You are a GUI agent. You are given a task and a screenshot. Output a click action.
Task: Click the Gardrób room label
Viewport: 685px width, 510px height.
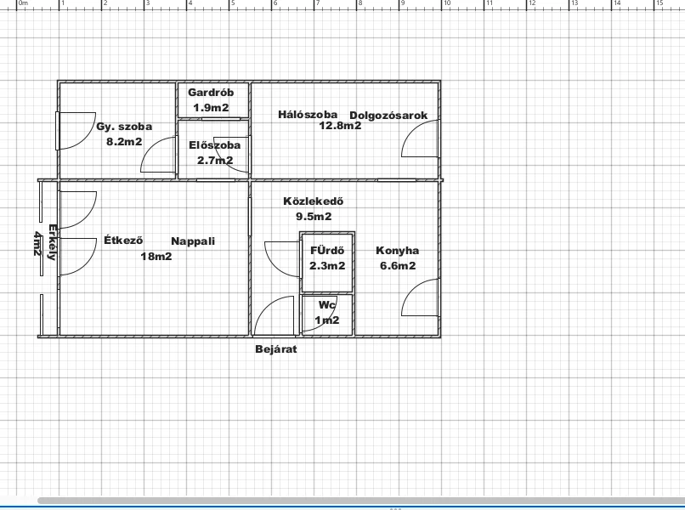[211, 93]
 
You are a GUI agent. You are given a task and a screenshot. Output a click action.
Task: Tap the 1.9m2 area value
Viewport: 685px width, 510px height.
[211, 107]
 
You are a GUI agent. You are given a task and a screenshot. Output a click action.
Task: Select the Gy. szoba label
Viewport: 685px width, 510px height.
[124, 127]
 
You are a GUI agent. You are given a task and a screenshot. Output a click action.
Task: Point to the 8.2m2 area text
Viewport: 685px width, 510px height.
[124, 142]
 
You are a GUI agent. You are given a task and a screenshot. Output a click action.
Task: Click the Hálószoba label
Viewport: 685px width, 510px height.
[308, 115]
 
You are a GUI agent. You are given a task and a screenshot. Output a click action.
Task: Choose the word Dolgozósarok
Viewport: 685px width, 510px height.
[388, 116]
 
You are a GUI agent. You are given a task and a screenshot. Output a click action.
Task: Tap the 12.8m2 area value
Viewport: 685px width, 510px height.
[340, 126]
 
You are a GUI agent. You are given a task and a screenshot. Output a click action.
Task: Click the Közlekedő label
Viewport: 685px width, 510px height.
[314, 201]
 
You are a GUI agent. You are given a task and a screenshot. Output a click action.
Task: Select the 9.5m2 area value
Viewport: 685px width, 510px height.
[314, 216]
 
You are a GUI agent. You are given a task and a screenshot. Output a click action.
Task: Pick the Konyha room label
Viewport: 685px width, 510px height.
[397, 251]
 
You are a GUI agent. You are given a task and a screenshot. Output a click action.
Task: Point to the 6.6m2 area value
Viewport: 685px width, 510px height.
[398, 266]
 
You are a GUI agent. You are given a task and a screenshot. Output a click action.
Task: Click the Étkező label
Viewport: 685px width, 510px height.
[123, 240]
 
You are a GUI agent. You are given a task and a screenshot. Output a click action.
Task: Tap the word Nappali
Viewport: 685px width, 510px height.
[193, 241]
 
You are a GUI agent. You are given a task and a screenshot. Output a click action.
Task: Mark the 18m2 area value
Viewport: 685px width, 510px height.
[156, 257]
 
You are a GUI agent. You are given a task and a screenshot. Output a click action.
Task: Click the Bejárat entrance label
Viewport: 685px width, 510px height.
[276, 349]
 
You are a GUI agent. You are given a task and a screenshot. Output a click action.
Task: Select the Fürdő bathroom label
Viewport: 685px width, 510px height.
[327, 251]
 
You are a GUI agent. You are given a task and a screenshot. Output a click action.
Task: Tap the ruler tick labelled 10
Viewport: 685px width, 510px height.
[447, 3]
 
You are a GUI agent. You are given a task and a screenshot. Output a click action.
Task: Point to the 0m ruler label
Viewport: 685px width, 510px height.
[23, 3]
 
